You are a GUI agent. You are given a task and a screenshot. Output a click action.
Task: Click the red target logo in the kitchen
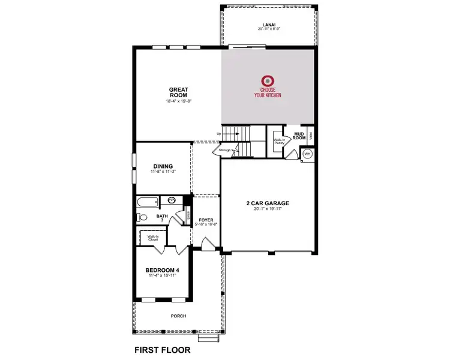click(268, 80)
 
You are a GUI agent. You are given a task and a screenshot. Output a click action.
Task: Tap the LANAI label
click(268, 24)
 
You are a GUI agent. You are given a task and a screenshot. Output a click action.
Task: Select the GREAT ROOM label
click(178, 92)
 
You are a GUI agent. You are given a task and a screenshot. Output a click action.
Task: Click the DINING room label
click(163, 166)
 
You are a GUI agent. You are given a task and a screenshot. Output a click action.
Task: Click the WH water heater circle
click(307, 154)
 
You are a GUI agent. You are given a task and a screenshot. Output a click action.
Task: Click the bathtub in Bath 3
click(148, 202)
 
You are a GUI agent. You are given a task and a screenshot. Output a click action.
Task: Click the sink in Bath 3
click(172, 201)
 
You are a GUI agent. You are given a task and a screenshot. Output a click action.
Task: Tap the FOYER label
click(206, 220)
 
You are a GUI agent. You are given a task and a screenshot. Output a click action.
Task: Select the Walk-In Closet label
click(153, 238)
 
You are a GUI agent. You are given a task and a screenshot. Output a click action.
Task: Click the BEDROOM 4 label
click(162, 271)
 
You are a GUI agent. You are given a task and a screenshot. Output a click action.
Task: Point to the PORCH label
click(178, 316)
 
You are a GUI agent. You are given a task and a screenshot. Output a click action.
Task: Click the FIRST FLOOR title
click(162, 349)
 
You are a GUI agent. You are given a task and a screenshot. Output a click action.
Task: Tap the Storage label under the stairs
click(225, 150)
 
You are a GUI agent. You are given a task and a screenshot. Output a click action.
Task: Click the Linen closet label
click(187, 214)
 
